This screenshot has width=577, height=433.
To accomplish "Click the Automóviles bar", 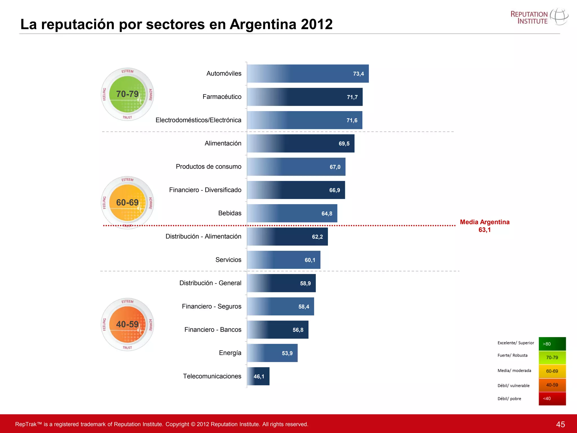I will click(308, 74).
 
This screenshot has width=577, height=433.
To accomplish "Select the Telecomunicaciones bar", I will click(258, 376).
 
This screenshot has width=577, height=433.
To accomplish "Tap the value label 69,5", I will click(344, 144).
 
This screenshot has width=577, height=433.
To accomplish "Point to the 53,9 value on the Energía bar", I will click(287, 353).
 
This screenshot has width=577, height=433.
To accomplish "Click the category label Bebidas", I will click(230, 213).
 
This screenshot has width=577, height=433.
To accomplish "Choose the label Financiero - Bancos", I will click(213, 330).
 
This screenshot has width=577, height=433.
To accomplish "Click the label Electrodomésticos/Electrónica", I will click(198, 120).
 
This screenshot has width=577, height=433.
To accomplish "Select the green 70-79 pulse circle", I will click(127, 94).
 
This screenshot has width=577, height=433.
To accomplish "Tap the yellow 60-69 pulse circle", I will click(127, 202).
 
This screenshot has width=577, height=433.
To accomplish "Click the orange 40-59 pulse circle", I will click(127, 324).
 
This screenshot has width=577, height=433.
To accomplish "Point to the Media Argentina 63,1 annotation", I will click(485, 226).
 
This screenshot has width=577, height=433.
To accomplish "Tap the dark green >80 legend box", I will click(552, 344).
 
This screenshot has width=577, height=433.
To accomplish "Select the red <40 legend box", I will click(552, 399).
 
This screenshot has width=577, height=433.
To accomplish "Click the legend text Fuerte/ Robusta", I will click(512, 355).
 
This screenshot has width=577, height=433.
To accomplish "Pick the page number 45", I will click(560, 424).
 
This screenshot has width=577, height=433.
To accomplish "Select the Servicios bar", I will click(283, 260).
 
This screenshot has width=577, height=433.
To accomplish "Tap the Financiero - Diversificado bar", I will click(296, 190).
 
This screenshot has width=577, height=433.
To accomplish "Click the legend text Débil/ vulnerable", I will click(513, 386).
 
